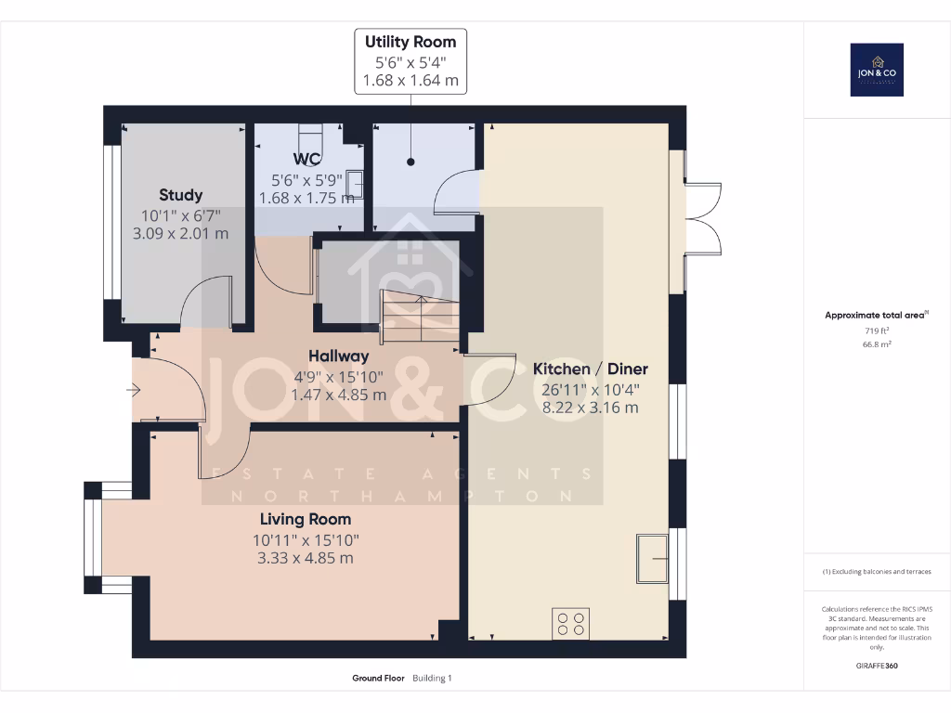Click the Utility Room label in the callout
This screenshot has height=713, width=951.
pos(410,42)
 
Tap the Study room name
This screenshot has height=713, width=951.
pos(180,195)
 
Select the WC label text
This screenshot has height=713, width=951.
pos(307,159)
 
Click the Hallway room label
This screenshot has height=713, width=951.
pos(338,356)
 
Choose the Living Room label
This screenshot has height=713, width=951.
pos(306,519)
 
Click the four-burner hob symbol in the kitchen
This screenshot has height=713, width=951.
pos(570,623)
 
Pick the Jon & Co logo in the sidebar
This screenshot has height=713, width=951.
pos(877,71)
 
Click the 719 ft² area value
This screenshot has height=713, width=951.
pos(877,331)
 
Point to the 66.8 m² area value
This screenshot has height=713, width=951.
pos(877,344)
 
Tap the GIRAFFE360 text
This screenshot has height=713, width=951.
pos(877,666)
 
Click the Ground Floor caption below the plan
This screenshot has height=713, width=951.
pos(378,679)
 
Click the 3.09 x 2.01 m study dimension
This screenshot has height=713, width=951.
pos(180,234)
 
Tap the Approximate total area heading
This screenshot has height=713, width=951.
pos(876,316)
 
